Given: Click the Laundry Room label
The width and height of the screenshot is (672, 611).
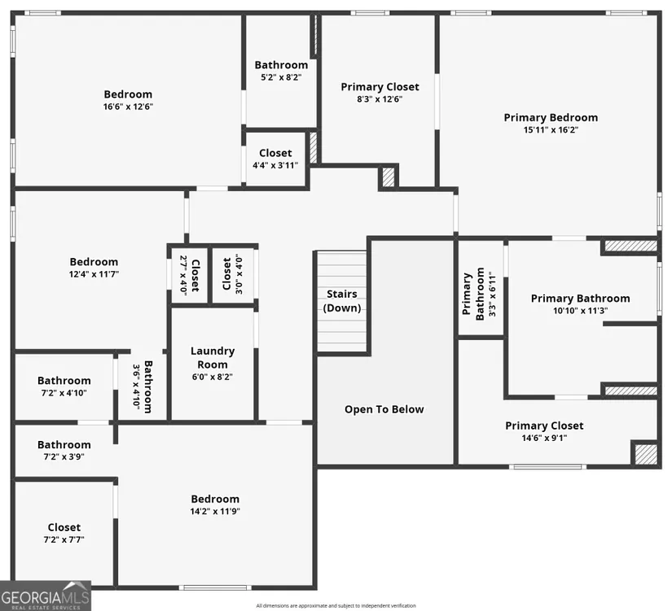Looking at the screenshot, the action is (x=213, y=357).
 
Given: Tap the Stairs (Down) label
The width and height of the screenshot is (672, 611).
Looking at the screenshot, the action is (x=341, y=301).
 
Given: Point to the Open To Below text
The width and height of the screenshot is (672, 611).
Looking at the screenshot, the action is (x=384, y=409).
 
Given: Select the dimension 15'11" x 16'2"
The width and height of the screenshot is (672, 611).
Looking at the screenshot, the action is (x=551, y=129).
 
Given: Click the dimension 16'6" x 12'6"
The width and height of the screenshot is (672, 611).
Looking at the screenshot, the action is (x=128, y=107).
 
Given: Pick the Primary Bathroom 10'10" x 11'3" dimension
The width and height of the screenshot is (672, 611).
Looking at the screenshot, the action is (x=580, y=311).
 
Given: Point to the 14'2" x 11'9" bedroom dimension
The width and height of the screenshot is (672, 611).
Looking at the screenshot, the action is (x=215, y=511).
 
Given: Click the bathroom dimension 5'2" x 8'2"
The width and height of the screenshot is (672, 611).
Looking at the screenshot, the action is (x=281, y=77).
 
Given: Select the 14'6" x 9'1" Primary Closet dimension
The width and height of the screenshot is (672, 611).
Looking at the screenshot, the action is (x=544, y=438).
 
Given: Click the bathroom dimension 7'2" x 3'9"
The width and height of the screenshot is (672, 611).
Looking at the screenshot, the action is (x=64, y=457).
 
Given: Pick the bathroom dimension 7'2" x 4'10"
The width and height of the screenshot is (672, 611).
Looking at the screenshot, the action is (x=64, y=393).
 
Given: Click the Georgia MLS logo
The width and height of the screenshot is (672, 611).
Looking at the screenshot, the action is (x=46, y=596).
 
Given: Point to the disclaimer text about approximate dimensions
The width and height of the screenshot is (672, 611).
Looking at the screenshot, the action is (x=336, y=606).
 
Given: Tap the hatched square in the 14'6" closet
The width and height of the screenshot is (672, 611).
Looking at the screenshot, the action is (x=645, y=454).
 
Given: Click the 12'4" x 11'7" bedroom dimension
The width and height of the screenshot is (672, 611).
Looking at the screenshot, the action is (x=94, y=274).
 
